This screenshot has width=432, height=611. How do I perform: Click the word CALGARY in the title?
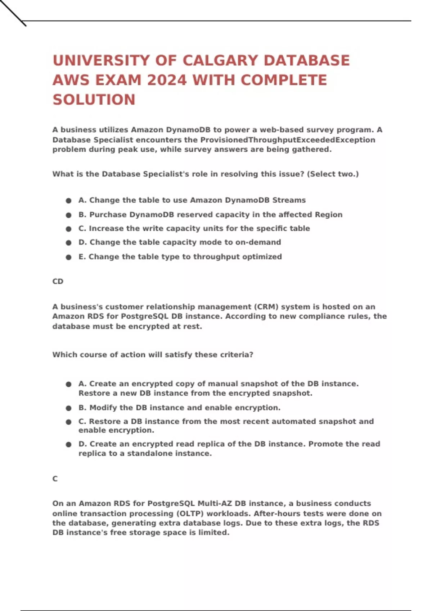click(220, 60)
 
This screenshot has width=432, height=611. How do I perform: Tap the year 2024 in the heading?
click(167, 80)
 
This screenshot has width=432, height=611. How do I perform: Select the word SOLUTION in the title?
click(94, 100)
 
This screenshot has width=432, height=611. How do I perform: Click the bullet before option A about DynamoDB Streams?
click(68, 201)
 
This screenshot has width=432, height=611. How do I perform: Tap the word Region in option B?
click(329, 215)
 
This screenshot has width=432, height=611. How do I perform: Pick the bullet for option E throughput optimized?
click(68, 257)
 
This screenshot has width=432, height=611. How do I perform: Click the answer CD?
click(58, 281)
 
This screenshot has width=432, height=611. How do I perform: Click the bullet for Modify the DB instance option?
click(68, 408)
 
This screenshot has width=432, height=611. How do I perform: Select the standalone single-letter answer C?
click(55, 479)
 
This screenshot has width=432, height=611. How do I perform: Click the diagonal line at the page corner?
click(13, 13)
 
